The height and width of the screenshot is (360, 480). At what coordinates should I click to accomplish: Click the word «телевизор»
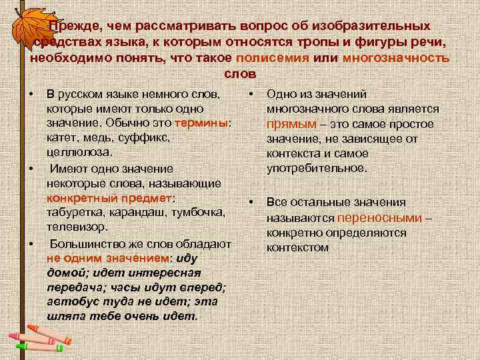(x=73, y=227)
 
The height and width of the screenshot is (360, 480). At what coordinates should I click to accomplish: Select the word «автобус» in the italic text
(x=69, y=301)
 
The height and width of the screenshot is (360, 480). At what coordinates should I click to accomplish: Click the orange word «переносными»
(x=380, y=217)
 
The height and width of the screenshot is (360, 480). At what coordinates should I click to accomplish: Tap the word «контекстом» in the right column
(x=297, y=247)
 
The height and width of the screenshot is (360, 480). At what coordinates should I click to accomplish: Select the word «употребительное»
(x=316, y=168)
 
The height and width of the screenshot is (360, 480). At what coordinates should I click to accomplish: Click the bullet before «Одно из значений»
(x=250, y=95)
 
